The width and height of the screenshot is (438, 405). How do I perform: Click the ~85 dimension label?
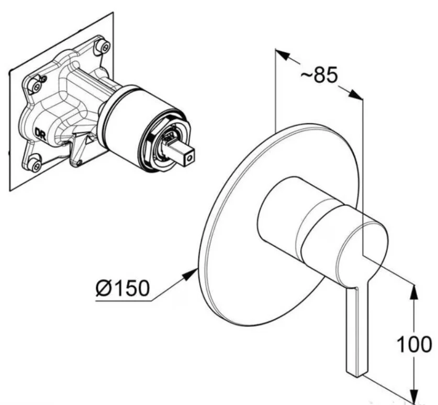pyautogui.click(x=319, y=75)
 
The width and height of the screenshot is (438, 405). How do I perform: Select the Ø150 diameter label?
pyautogui.click(x=122, y=288)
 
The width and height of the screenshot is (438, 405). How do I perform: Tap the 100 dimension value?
pyautogui.click(x=414, y=344)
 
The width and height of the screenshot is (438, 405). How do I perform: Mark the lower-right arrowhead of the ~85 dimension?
pyautogui.click(x=356, y=95)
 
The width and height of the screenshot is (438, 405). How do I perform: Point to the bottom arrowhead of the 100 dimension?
pyautogui.click(x=414, y=395)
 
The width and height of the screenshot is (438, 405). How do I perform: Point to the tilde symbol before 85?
pyautogui.click(x=306, y=75)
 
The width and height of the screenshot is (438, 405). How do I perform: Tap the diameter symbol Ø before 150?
pyautogui.click(x=103, y=288)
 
